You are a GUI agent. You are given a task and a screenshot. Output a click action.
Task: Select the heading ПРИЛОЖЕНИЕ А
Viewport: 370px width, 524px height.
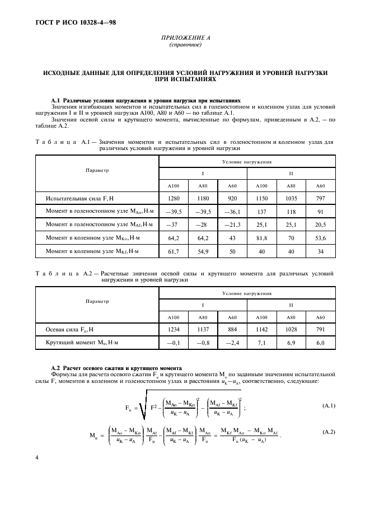(184, 39)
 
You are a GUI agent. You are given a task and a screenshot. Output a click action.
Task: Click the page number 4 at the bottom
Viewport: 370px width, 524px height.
(37, 457)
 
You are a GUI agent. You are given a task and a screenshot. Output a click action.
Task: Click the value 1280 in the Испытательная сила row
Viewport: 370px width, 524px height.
(174, 198)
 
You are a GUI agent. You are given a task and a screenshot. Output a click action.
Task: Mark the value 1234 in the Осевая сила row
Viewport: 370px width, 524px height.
(174, 329)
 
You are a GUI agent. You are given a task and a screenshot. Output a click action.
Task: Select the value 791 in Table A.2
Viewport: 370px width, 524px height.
(320, 329)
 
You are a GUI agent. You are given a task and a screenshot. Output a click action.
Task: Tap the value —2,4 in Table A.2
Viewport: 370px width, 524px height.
(232, 342)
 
